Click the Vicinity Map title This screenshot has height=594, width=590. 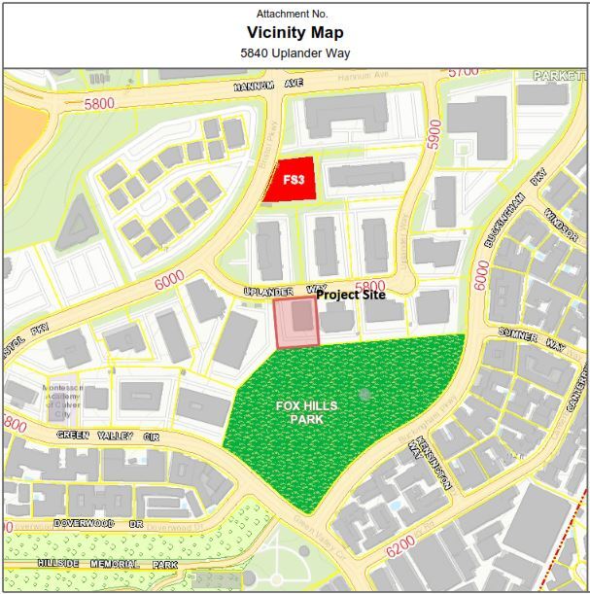click(x=295, y=32)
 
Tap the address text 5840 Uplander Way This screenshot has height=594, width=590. click(x=295, y=53)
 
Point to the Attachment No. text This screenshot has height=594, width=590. click(x=293, y=14)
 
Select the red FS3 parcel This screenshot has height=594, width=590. click(x=292, y=180)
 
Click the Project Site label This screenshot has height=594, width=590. click(x=350, y=295)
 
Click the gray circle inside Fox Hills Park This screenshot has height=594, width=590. click(x=364, y=394)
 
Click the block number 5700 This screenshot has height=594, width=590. click(x=465, y=72)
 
